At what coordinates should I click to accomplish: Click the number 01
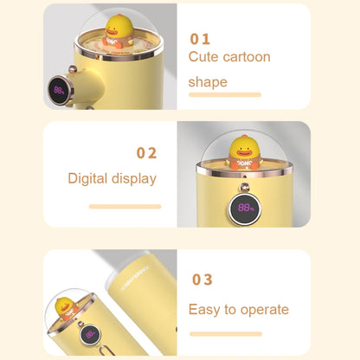coord(200,39)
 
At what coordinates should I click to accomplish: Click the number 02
coord(146,153)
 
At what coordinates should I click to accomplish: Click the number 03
coord(202,280)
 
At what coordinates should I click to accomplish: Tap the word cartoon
coord(244,57)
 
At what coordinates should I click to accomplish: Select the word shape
coord(208,82)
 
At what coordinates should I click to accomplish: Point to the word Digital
coord(87,178)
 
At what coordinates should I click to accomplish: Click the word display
coord(134,179)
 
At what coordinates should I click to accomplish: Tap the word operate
coord(265,310)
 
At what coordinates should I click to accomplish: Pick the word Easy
coord(205,310)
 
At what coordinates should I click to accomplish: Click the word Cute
coord(202,56)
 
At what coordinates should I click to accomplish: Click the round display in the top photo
coord(60,90)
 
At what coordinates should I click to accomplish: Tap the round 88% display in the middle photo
coord(244,209)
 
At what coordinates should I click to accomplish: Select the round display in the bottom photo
coord(90,335)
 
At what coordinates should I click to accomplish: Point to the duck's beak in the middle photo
coord(244,152)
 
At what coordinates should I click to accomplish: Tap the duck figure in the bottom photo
coord(66,308)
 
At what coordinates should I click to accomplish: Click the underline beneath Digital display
coord(125,207)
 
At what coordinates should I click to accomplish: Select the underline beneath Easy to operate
coord(226,334)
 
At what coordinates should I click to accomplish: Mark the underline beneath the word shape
coord(225,94)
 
